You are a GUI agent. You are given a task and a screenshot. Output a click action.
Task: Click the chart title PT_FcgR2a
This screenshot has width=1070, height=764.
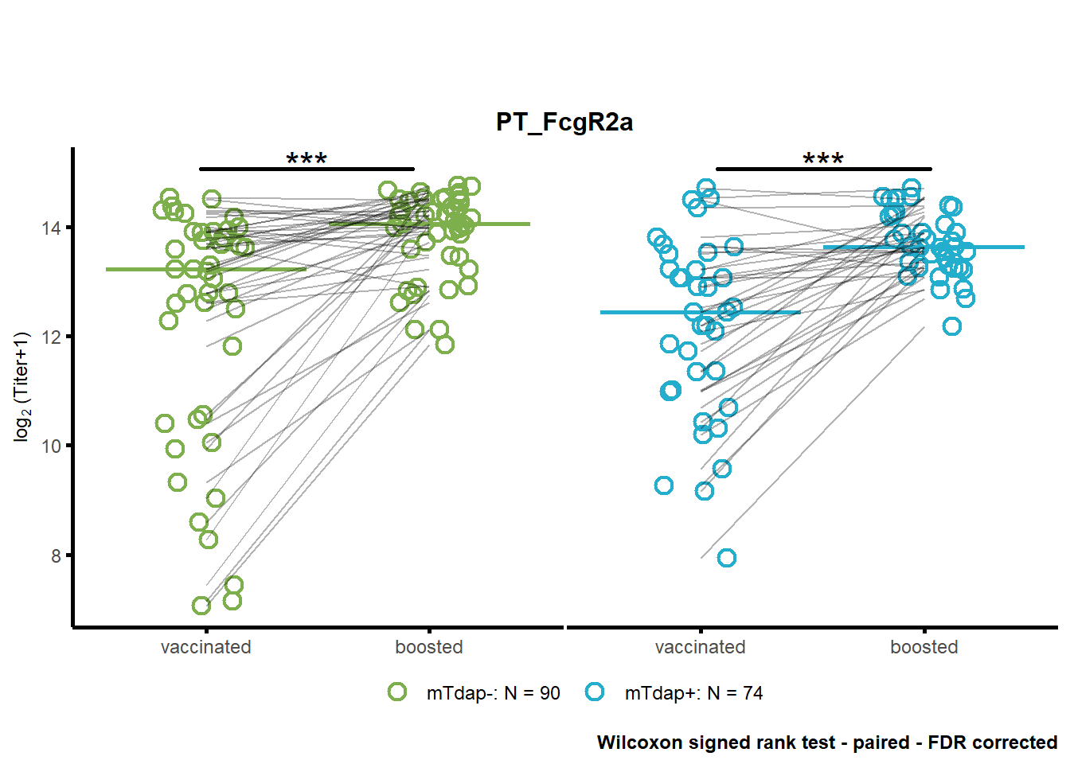coord(564,123)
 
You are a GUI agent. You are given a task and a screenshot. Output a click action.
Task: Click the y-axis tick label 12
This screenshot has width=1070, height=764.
coord(51,337)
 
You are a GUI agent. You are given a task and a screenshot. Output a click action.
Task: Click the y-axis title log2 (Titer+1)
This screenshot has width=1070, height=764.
coord(21,388)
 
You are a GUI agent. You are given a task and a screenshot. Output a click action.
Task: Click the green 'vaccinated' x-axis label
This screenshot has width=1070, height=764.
coord(206,648)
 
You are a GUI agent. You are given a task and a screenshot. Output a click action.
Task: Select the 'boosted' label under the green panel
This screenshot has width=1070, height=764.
coord(429,648)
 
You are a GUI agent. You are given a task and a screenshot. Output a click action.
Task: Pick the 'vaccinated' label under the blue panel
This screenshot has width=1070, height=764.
coord(701,648)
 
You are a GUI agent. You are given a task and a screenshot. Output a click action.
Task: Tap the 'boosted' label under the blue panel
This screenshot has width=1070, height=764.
coord(924,648)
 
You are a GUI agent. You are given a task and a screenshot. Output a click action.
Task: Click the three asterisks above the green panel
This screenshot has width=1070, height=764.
coord(307,158)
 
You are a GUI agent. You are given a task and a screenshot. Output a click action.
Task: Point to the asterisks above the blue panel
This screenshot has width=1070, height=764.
coord(823,158)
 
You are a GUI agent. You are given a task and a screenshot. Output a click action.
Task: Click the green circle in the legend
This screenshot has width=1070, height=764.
coord(397,692)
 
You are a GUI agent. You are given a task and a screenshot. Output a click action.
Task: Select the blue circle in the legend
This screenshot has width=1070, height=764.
coord(595,692)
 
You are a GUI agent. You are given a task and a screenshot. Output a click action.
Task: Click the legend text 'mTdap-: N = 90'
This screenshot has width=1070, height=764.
coord(494,693)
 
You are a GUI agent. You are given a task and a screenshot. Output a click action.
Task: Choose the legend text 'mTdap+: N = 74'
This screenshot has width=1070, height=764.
coord(694,693)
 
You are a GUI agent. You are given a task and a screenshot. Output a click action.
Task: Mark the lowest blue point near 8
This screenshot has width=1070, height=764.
coord(727,558)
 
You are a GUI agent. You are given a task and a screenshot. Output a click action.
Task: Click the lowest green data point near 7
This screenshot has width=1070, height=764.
coord(201,606)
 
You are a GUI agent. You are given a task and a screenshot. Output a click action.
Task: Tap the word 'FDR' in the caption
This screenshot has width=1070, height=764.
coord(947,743)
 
